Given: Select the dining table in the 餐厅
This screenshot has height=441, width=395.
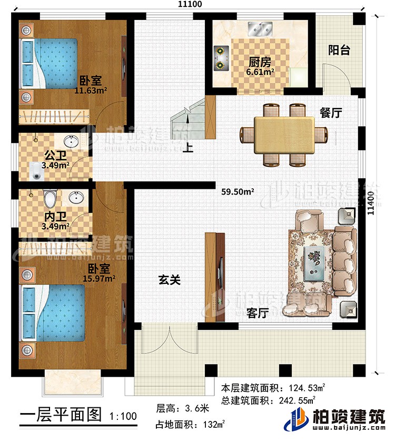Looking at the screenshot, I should [283, 135].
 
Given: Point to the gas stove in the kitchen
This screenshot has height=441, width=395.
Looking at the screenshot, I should [220, 58].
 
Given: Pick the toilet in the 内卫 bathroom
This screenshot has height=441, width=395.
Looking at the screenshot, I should [50, 199].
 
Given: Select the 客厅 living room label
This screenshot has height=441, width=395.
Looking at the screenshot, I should [257, 312].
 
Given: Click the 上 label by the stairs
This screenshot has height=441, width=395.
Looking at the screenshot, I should [187, 149].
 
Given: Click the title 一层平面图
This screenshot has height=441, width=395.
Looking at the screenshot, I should [60, 415].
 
